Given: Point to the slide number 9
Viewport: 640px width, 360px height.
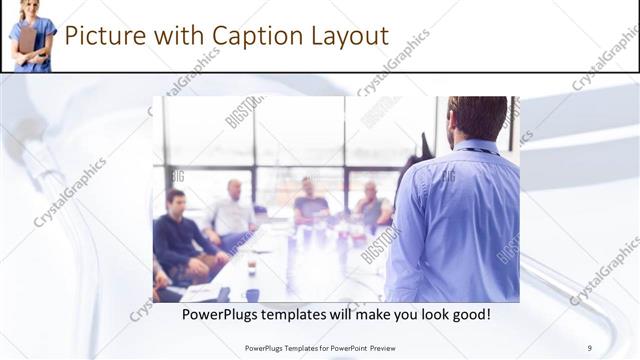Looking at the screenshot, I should click(x=589, y=347).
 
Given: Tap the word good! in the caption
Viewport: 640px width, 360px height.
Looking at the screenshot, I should click(x=467, y=314).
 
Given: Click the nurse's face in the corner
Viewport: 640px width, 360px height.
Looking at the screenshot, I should click(x=30, y=8).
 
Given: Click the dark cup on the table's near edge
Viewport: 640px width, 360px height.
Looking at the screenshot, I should click(x=252, y=294).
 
